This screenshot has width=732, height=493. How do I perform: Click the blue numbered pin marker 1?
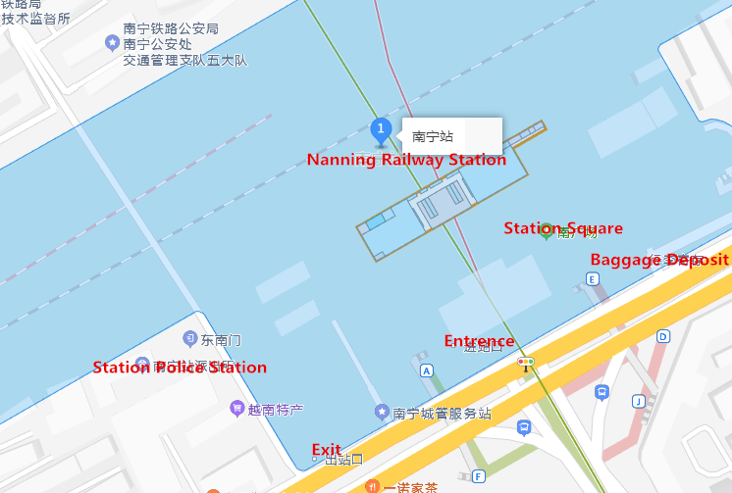pyautogui.click(x=381, y=129)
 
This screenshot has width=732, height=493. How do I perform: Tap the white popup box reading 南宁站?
pyautogui.click(x=451, y=135)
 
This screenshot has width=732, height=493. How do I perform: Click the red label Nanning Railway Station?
pyautogui.click(x=406, y=160)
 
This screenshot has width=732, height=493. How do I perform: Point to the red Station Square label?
pyautogui.click(x=563, y=228)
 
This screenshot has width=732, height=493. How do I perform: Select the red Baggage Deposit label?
pyautogui.click(x=658, y=259)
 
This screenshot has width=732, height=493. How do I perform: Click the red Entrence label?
pyautogui.click(x=479, y=341)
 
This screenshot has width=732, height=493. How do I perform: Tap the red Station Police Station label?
pyautogui.click(x=180, y=368)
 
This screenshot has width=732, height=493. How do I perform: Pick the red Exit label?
pyautogui.click(x=327, y=450)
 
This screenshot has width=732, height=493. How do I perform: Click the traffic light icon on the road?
pyautogui.click(x=526, y=363)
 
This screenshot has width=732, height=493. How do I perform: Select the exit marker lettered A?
pyautogui.click(x=426, y=370)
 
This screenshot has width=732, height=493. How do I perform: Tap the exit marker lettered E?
pyautogui.click(x=592, y=279)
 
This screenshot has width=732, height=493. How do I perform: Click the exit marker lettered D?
pyautogui.click(x=663, y=336)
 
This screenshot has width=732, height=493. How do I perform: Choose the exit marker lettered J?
pyautogui.click(x=638, y=400)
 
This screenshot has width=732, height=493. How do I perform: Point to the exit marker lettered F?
pyautogui.click(x=478, y=476)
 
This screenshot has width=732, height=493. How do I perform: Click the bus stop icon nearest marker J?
pyautogui.click(x=601, y=392)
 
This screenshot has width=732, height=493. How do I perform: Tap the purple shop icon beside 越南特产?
pyautogui.click(x=236, y=408)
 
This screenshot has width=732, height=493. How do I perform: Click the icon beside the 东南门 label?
pyautogui.click(x=189, y=338)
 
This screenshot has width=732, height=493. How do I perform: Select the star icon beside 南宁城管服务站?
pyautogui.click(x=382, y=413)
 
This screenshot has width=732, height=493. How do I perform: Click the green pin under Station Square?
pyautogui.click(x=547, y=230)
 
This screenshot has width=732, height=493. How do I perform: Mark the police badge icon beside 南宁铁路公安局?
pyautogui.click(x=112, y=42)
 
